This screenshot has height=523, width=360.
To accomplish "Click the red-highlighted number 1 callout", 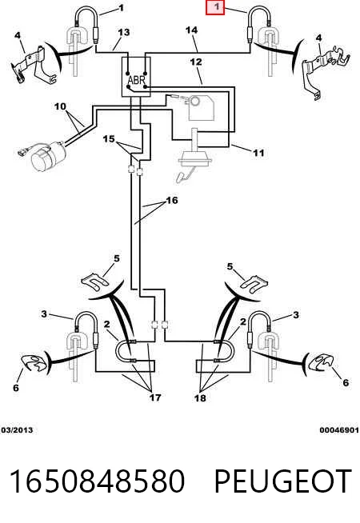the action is click(x=215, y=7).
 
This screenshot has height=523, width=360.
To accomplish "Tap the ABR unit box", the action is click(x=136, y=77).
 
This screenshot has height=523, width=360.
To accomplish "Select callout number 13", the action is click(x=123, y=32).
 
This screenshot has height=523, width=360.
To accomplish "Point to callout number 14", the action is click(x=191, y=30).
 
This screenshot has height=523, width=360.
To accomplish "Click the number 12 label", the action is click(x=196, y=62).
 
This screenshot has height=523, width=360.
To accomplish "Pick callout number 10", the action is click(x=60, y=106).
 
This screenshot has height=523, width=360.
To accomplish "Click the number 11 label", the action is click(x=258, y=153).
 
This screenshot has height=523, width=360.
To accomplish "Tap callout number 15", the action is click(x=109, y=138).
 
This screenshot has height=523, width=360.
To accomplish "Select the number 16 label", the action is click(x=172, y=200).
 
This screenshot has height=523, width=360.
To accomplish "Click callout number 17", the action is click(x=155, y=397).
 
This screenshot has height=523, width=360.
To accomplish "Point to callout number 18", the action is click(x=200, y=397).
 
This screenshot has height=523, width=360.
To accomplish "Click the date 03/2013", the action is click(x=17, y=430).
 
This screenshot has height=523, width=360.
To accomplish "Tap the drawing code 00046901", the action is click(x=339, y=430).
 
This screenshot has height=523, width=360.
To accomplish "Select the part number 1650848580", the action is click(x=97, y=481).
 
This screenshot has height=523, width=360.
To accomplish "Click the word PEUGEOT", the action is click(x=282, y=481).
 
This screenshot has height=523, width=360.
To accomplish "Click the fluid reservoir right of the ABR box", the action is click(x=201, y=106).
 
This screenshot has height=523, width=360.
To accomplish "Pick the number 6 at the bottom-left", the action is click(x=16, y=388).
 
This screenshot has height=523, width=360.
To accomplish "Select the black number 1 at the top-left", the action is click(x=121, y=7).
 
